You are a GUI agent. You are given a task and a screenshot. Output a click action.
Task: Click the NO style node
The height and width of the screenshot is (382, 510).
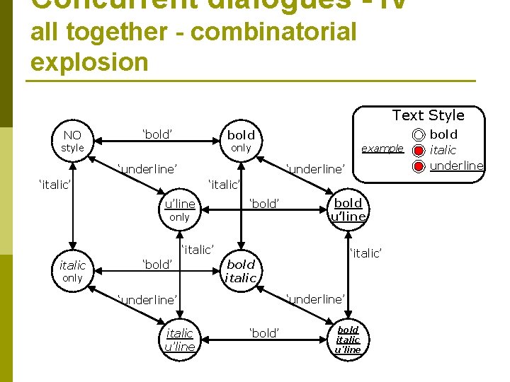click(x=72, y=141)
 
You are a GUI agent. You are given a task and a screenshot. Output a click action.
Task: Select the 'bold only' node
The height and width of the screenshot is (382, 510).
click(x=241, y=140)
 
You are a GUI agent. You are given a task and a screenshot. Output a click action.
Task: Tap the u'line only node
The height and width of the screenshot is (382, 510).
click(x=179, y=210)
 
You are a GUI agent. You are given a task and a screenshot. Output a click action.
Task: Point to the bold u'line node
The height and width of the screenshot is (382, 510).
click(x=348, y=210)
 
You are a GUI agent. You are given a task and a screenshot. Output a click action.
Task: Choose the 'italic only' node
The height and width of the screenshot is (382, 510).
click(x=72, y=271)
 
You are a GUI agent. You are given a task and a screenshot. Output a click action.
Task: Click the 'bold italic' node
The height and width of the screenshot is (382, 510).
click(x=241, y=271)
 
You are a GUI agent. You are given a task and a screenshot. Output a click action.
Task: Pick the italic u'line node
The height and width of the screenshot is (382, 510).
click(x=179, y=339)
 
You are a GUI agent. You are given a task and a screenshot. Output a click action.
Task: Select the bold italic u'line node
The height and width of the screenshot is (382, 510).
click(x=348, y=340)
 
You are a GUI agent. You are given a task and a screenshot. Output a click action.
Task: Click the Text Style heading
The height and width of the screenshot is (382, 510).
click(x=429, y=115)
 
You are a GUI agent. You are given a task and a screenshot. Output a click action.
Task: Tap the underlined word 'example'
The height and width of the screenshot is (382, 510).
click(x=382, y=149)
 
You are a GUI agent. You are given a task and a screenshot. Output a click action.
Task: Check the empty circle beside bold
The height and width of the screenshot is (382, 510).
click(x=419, y=134)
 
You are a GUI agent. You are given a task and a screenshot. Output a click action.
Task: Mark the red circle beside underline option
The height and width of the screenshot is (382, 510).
click(x=419, y=166)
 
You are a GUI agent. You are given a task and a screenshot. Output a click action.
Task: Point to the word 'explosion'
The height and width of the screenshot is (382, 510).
click(x=89, y=62)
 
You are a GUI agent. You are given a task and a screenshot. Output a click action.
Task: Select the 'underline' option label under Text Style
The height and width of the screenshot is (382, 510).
click(x=457, y=166)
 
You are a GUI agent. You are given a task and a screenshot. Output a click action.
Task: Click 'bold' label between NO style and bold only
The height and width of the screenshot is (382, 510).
click(x=158, y=134)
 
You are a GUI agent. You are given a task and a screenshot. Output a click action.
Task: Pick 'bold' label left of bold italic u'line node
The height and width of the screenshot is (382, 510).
click(x=265, y=333)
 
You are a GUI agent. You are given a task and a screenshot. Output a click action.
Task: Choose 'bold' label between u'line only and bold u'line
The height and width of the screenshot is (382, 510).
click(x=265, y=204)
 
